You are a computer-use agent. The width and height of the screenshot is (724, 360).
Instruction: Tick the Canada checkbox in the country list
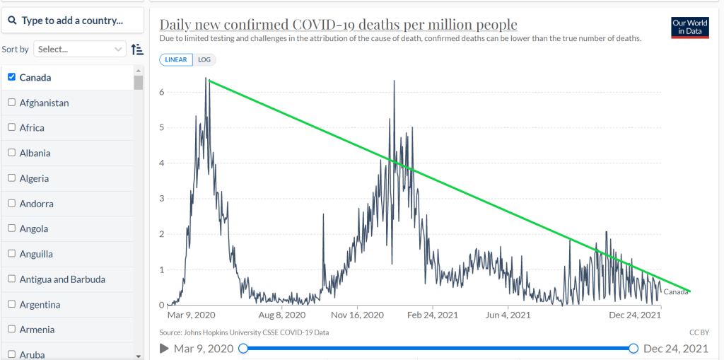pos(11,77)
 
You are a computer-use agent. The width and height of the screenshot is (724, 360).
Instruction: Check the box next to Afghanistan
pos(11,103)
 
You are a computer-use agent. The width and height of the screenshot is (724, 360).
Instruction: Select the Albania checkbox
pos(11,153)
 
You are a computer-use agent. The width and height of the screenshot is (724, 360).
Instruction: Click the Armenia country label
pos(37,330)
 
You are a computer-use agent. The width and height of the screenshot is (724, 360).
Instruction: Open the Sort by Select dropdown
pos(80,49)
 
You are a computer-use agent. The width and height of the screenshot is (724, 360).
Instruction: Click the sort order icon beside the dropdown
pos(137,49)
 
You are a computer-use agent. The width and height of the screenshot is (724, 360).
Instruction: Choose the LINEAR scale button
pos(176,59)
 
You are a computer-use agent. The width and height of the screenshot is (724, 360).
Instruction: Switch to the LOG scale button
pos(204,59)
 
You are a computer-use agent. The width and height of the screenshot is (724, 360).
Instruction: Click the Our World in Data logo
pos(689,27)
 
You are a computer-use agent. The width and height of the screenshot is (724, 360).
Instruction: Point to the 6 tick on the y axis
pos(162,92)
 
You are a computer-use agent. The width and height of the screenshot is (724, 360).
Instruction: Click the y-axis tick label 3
pos(162,198)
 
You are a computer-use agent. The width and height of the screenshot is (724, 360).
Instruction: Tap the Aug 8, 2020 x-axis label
pos(281,315)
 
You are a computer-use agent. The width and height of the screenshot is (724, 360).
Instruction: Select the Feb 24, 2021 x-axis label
pos(433,315)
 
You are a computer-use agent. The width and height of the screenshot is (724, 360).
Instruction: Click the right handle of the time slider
pos(633,348)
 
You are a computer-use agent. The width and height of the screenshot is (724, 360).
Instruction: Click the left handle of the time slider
pos(243,348)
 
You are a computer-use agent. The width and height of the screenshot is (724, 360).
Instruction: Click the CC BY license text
pos(699,332)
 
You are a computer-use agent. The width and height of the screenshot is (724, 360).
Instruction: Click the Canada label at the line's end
pos(676,292)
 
